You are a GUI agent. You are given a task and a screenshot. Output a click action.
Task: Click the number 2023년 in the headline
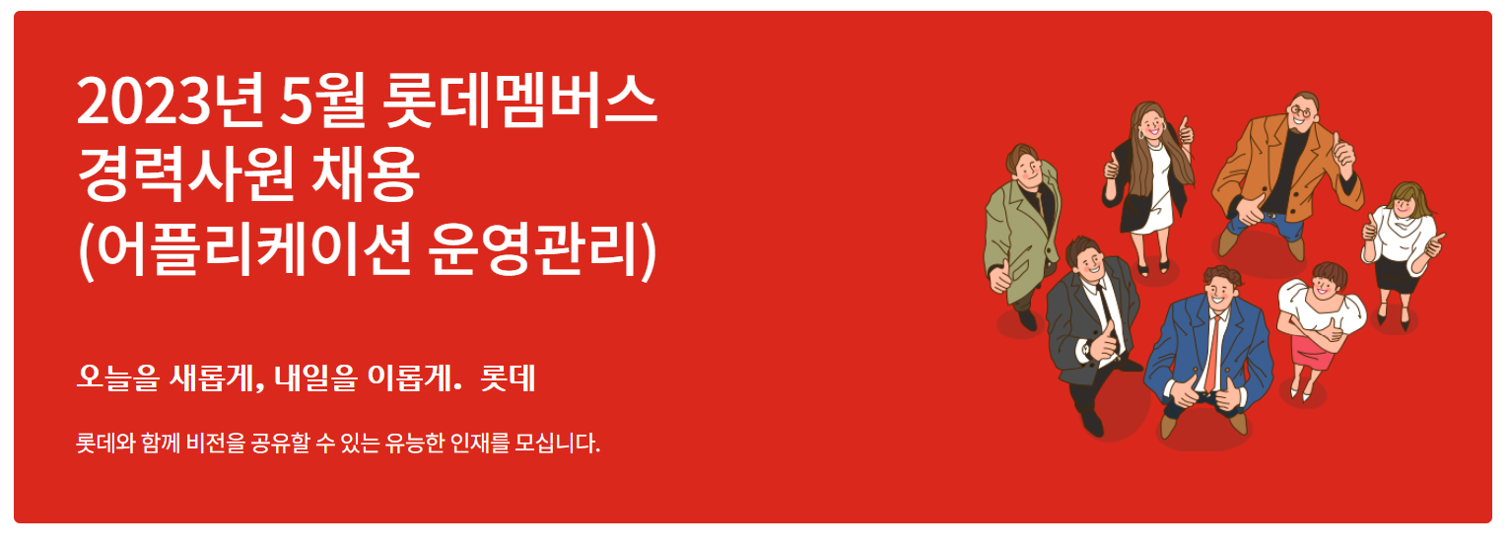pos(170,102)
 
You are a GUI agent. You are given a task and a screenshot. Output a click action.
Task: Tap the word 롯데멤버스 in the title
pos(519,102)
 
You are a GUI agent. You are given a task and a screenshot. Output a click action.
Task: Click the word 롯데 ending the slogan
pos(508,378)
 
